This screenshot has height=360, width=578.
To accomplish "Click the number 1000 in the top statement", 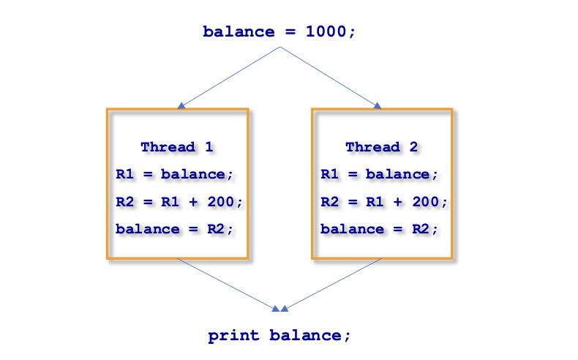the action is coord(326,31).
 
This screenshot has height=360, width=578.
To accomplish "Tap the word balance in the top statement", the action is coord(239,31).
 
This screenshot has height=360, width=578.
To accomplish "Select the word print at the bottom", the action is coord(233,336).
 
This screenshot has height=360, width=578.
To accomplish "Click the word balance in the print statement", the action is coord(305,336).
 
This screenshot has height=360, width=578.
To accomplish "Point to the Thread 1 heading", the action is coord(177,147).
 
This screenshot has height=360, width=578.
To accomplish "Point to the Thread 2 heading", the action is coord(381,147).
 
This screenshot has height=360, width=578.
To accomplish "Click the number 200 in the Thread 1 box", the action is coord(221,201).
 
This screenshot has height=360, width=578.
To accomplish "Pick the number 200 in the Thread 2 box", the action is coord(425,201).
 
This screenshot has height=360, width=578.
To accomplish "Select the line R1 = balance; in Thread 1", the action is coord(174,174).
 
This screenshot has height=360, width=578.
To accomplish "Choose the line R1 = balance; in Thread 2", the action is coord(379,174).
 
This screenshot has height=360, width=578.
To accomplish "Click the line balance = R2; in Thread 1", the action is coord(174,229).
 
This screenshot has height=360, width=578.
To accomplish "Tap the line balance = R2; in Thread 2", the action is coord(379,229).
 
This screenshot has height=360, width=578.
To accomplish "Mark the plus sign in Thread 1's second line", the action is coord(193,202).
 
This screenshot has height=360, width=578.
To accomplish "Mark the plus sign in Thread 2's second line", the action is coord(398,202).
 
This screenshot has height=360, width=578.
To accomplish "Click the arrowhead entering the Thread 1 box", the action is coord(181,106).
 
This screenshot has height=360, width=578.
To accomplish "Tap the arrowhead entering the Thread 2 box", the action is coord(377,106).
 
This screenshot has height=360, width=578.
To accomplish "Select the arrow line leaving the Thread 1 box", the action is coord(226,284).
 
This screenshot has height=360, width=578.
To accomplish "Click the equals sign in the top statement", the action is coord(290,32).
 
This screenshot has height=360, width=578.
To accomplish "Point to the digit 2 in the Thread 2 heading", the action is coord(413,147).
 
